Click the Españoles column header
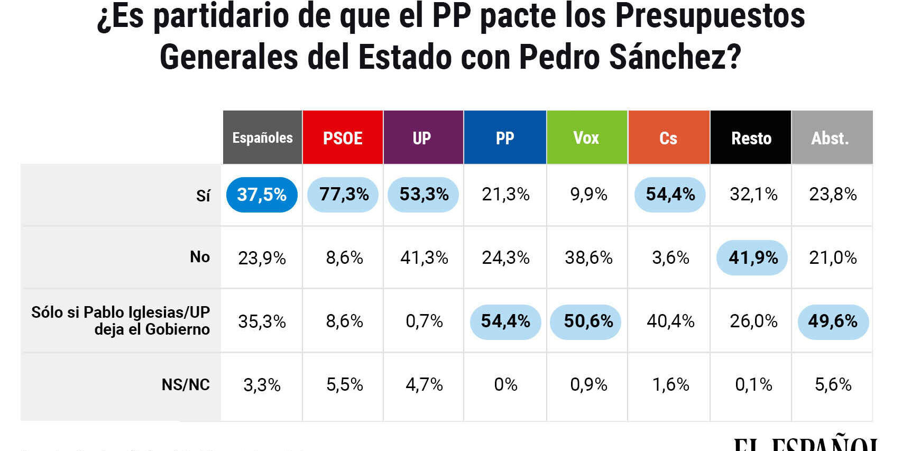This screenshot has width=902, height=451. tap(262, 138)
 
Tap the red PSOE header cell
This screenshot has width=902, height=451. tap(343, 138)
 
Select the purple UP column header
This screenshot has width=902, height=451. tap(422, 138)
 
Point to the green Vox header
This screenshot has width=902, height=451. tap(586, 138)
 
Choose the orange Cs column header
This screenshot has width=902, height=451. tap(668, 138)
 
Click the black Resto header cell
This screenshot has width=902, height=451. tap(751, 138)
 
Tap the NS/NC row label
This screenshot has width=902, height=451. tap(186, 384)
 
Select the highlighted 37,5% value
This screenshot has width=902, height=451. tap(262, 195)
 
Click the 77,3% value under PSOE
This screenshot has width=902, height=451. tap(344, 195)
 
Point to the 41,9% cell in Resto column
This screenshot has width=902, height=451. tap(753, 257)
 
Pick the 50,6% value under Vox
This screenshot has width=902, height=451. tap(588, 321)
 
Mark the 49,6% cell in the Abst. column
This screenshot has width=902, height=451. tap(833, 321)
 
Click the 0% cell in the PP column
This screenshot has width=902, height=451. tap(505, 384)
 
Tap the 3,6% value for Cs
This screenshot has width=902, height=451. tap(670, 257)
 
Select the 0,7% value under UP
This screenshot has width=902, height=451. tap(424, 321)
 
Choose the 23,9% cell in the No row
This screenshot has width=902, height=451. tap(262, 258)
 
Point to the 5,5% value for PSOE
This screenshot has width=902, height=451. tap(344, 384)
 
